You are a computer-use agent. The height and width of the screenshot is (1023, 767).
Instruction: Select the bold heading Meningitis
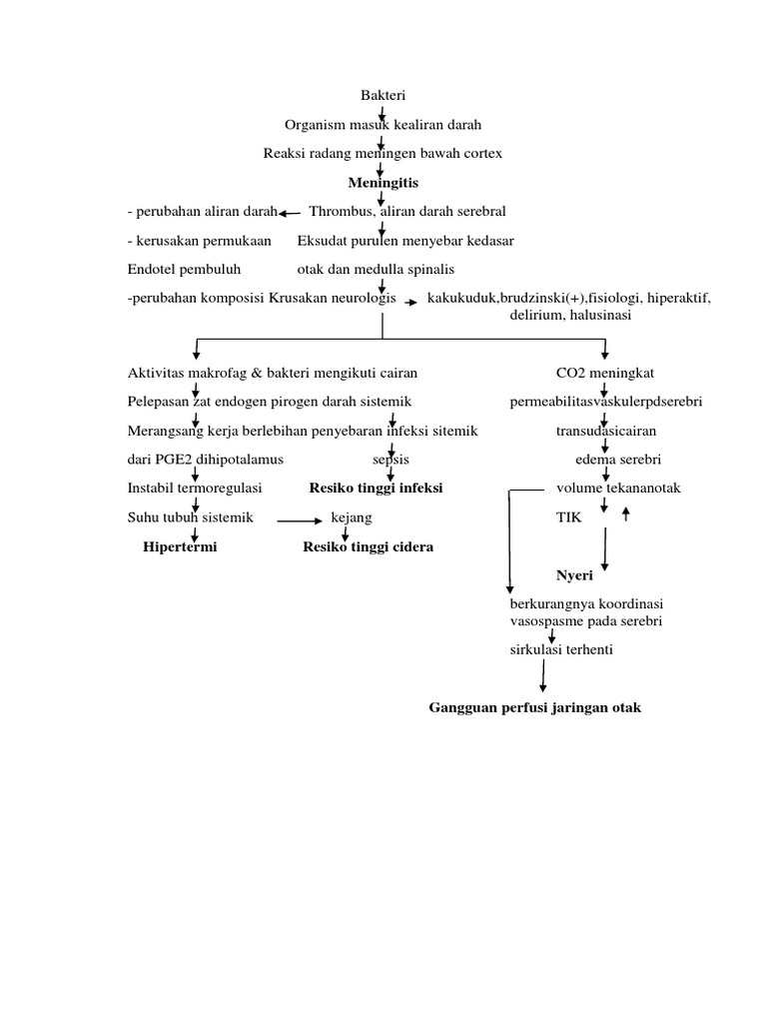point(383,183)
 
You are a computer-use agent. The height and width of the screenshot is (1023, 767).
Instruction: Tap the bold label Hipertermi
point(180,547)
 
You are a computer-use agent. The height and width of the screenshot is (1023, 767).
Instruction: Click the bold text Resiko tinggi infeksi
point(375,489)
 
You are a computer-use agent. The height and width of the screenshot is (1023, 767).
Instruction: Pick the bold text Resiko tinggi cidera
point(369,547)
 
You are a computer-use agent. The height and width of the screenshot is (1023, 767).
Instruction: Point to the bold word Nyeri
point(575,576)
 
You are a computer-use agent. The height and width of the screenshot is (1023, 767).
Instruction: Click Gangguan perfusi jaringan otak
point(534,708)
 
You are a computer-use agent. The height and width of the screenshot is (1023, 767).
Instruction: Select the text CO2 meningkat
point(605,373)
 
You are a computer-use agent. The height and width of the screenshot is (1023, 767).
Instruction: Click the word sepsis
point(383,460)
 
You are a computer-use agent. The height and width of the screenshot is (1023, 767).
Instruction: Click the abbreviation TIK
point(568,518)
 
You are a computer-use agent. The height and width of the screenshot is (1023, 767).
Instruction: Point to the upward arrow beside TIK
point(626,514)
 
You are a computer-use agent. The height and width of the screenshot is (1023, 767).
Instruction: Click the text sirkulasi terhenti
point(560,650)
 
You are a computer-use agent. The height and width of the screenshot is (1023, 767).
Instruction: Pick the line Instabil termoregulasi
point(195,489)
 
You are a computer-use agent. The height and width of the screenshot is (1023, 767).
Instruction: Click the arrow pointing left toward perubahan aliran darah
point(290,213)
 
